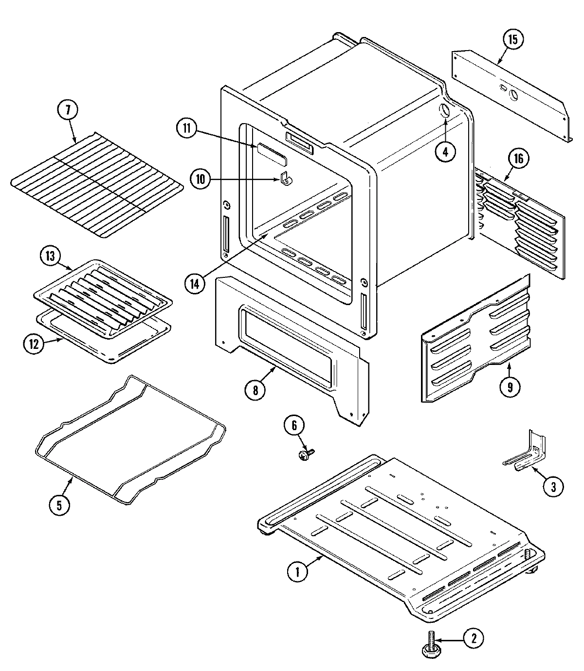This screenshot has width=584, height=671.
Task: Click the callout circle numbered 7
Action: pyautogui.click(x=68, y=111)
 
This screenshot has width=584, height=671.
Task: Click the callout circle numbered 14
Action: pyautogui.click(x=195, y=284)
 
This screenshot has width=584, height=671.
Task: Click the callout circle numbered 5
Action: pyautogui.click(x=59, y=505)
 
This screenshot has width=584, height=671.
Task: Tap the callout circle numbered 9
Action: pyautogui.click(x=510, y=386)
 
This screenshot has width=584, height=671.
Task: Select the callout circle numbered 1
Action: pyautogui.click(x=298, y=572)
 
